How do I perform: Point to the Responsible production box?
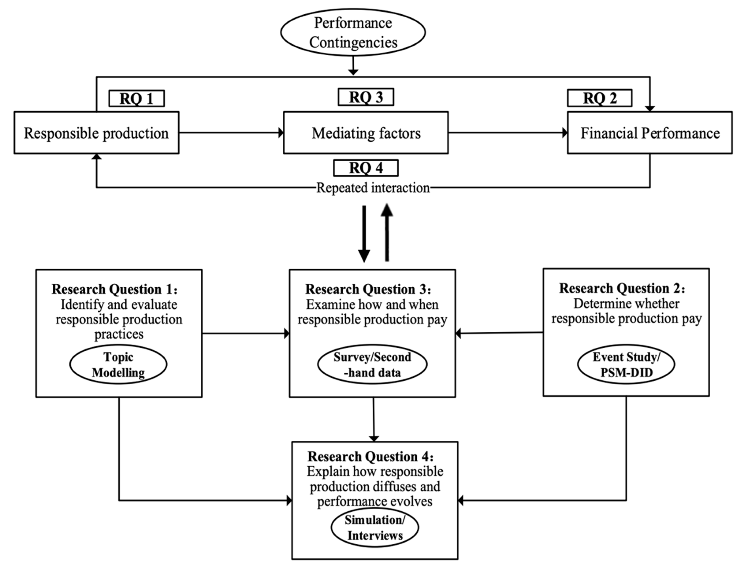click(x=96, y=133)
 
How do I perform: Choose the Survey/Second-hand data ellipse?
click(x=372, y=365)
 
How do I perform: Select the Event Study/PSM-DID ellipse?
click(x=626, y=365)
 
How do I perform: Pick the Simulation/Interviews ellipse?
click(x=375, y=527)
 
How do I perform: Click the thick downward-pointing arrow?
click(x=364, y=233)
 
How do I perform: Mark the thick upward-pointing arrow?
click(x=387, y=233)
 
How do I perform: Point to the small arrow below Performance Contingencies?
click(x=353, y=66)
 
